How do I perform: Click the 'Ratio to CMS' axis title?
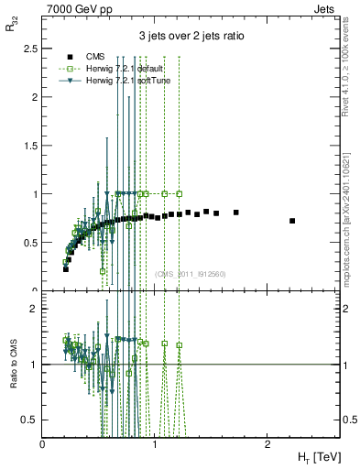(x=12, y=354)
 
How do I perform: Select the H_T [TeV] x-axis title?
(x=317, y=456)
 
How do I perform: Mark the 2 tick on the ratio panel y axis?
(x=36, y=310)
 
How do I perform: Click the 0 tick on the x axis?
(x=43, y=442)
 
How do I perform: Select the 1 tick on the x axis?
(x=155, y=442)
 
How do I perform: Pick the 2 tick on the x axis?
(x=267, y=442)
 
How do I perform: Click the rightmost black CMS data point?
(x=292, y=221)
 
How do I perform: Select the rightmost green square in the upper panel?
(x=180, y=194)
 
